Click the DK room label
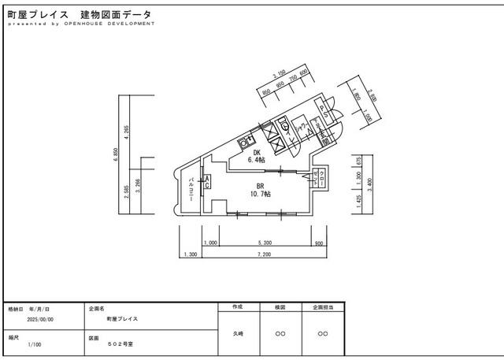click(257, 153)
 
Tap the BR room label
click(260, 186)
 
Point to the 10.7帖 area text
click(260, 193)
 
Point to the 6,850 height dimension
click(117, 157)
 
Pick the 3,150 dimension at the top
click(278, 76)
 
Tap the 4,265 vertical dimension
click(127, 130)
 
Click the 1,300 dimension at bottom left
click(189, 254)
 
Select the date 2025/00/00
click(39, 320)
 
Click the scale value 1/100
click(35, 344)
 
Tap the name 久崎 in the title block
click(238, 333)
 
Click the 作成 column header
click(238, 306)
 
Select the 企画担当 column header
click(323, 306)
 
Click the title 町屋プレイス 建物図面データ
click(79, 15)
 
